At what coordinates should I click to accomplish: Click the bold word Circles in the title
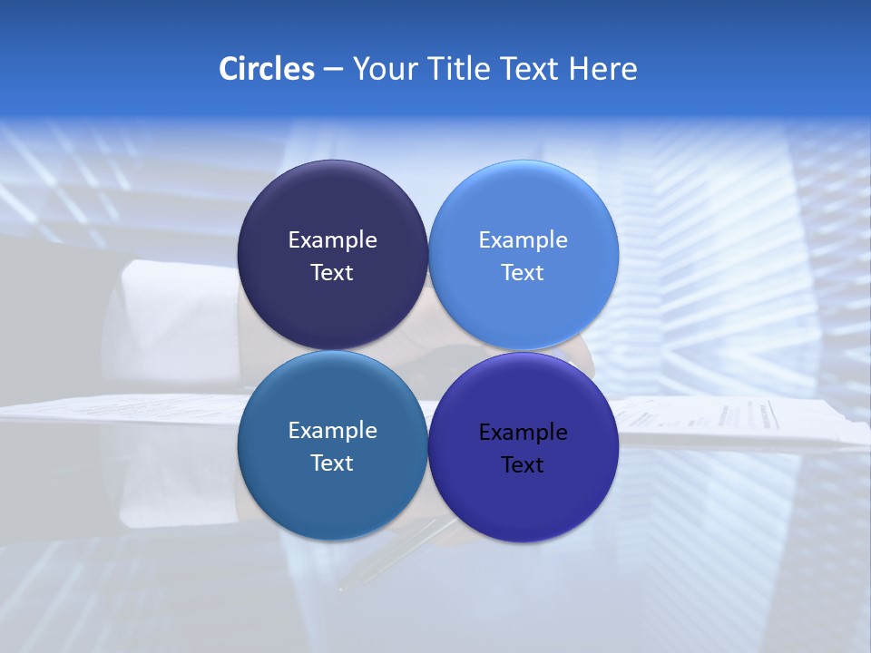tap(267, 69)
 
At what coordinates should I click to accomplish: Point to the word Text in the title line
tap(531, 69)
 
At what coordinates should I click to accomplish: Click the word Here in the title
tap(603, 69)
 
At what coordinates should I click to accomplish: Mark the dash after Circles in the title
tap(333, 70)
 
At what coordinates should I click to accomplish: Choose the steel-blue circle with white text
tap(332, 494)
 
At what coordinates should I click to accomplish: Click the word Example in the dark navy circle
tap(332, 240)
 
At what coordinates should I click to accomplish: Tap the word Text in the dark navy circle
tap(332, 273)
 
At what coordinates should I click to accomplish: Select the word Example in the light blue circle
tap(523, 240)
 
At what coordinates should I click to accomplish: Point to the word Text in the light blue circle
tap(523, 273)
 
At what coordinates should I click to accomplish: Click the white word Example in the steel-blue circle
tap(332, 431)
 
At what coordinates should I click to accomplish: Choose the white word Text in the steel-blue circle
tap(332, 463)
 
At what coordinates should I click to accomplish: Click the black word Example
tap(523, 433)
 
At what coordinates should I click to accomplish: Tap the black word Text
tap(523, 465)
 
